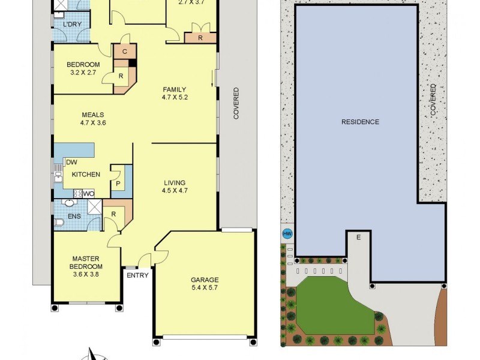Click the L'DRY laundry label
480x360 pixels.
click(x=71, y=25)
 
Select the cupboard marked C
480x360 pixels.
click(x=124, y=52)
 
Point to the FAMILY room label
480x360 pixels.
click(x=175, y=94)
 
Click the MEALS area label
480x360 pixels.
click(x=93, y=119)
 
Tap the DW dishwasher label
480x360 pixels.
click(x=71, y=162)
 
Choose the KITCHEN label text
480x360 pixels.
click(x=86, y=175)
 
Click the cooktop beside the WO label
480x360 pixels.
click(x=77, y=193)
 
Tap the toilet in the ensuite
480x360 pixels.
click(x=59, y=223)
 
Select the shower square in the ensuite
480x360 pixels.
click(x=95, y=207)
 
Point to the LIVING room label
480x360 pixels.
click(x=175, y=187)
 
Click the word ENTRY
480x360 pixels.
click(x=137, y=275)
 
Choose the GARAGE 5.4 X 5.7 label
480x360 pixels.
click(x=205, y=284)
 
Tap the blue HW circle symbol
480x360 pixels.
click(x=287, y=234)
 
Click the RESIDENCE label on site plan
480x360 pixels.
click(x=360, y=122)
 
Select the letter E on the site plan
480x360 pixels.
click(x=358, y=238)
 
